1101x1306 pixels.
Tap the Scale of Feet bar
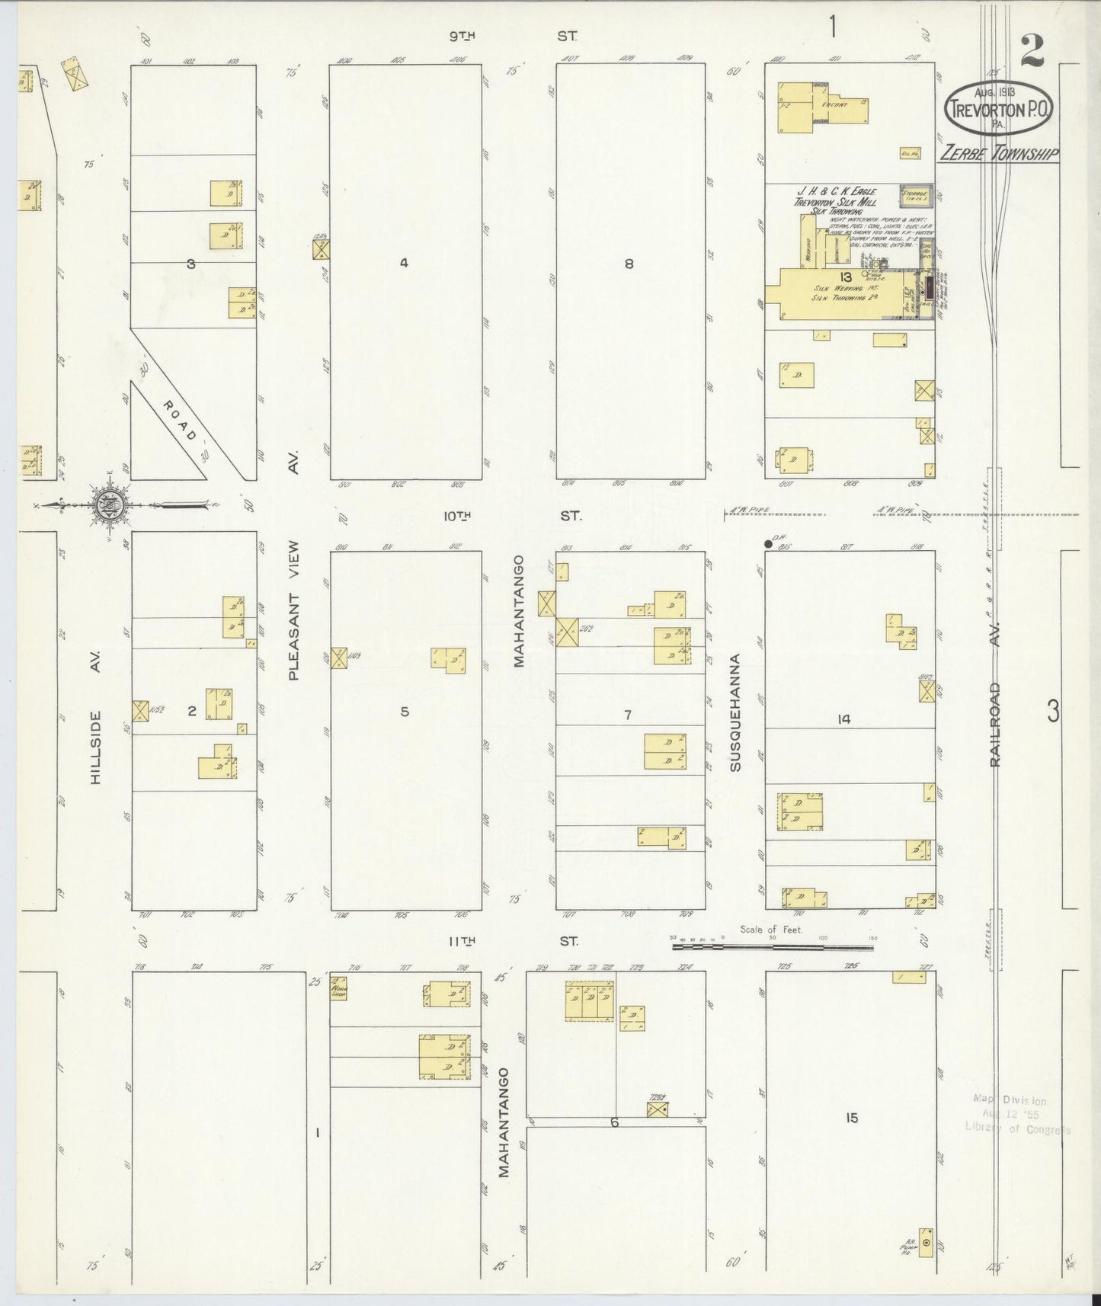click(x=773, y=947)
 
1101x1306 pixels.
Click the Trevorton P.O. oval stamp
click(x=1000, y=109)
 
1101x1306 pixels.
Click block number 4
click(x=404, y=263)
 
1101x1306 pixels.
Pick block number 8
click(x=629, y=264)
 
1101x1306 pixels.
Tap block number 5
click(x=405, y=712)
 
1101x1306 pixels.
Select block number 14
click(x=843, y=719)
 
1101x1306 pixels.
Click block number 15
click(x=851, y=1118)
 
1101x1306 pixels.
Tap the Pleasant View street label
click(x=294, y=610)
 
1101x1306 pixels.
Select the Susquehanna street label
click(x=735, y=712)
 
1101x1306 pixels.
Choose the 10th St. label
click(x=512, y=516)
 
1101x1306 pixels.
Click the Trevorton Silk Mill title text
click(x=835, y=202)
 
